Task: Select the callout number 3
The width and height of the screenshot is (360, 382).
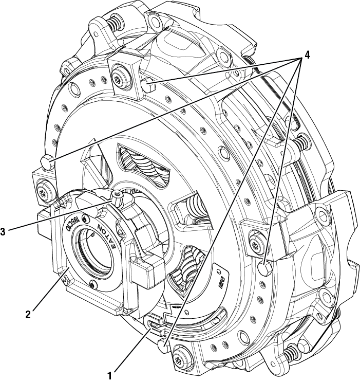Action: [4, 231]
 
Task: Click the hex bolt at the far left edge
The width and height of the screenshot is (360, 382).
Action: [46, 163]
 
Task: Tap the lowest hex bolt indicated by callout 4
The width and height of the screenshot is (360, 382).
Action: [164, 345]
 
